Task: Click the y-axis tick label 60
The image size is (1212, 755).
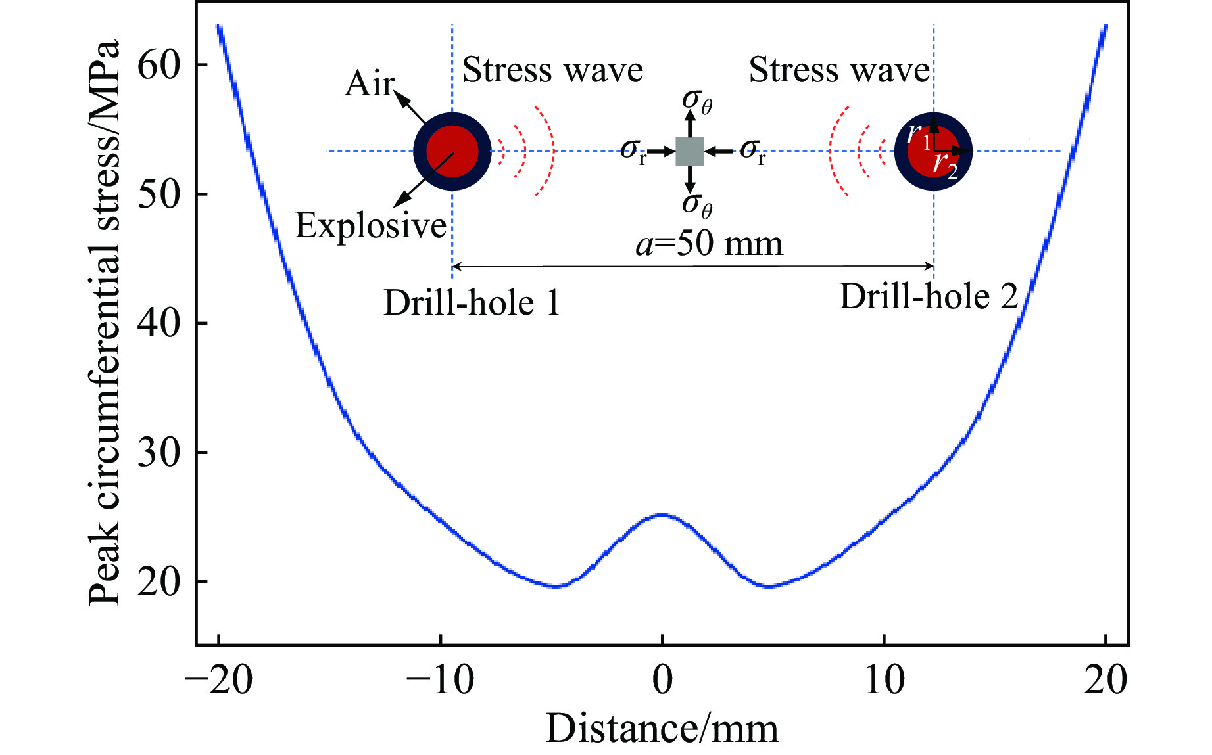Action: pos(158,66)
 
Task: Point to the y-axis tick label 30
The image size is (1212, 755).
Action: pos(158,453)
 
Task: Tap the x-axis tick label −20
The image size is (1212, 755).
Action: pos(219,680)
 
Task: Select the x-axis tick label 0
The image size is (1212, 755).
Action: pos(662,680)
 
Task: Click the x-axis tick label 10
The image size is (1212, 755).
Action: pos(884,680)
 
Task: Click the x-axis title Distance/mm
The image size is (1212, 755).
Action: pos(662,729)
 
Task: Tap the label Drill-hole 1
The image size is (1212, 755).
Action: pos(472,303)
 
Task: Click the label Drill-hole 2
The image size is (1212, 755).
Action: pos(929,296)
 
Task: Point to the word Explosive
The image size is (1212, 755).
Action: pos(371,225)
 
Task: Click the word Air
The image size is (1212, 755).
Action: pos(370,83)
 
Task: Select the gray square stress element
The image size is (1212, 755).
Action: pos(690,152)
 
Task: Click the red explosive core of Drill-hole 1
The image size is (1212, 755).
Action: pos(452,152)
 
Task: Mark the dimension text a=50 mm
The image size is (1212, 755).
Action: pos(710,244)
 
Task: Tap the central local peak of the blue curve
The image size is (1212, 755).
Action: pos(662,515)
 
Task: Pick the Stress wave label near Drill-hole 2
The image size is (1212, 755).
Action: pos(839,70)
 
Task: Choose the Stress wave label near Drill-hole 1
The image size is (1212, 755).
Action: pos(552,70)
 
